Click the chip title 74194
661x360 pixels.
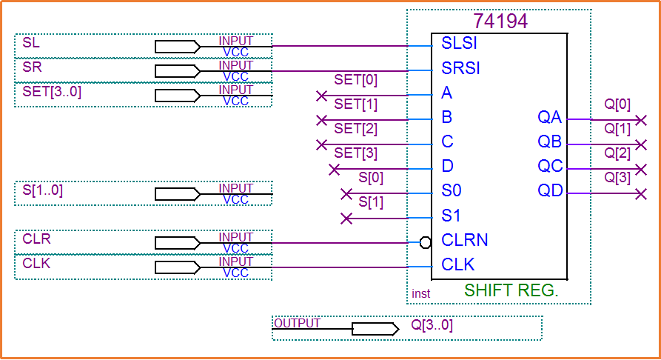click(x=500, y=21)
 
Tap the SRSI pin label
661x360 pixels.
click(x=461, y=68)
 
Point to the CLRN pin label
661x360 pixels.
click(x=465, y=240)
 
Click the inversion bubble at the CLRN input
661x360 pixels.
click(x=425, y=241)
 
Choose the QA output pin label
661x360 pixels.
click(x=550, y=117)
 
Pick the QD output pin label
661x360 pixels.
click(x=550, y=191)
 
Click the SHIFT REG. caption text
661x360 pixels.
click(x=511, y=290)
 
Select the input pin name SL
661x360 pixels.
click(x=31, y=43)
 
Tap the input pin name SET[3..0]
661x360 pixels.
click(x=52, y=92)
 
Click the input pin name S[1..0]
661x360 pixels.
click(x=42, y=190)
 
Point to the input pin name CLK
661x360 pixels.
click(x=36, y=264)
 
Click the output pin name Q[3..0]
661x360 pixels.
click(x=432, y=325)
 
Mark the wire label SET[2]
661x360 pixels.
click(x=355, y=129)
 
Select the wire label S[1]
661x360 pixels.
click(x=371, y=202)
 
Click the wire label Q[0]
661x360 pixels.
click(x=617, y=104)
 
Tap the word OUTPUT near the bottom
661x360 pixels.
click(x=297, y=323)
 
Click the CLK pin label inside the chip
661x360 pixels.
click(x=458, y=264)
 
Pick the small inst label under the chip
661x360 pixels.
click(x=420, y=294)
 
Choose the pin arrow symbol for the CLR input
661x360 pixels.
click(x=178, y=243)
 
